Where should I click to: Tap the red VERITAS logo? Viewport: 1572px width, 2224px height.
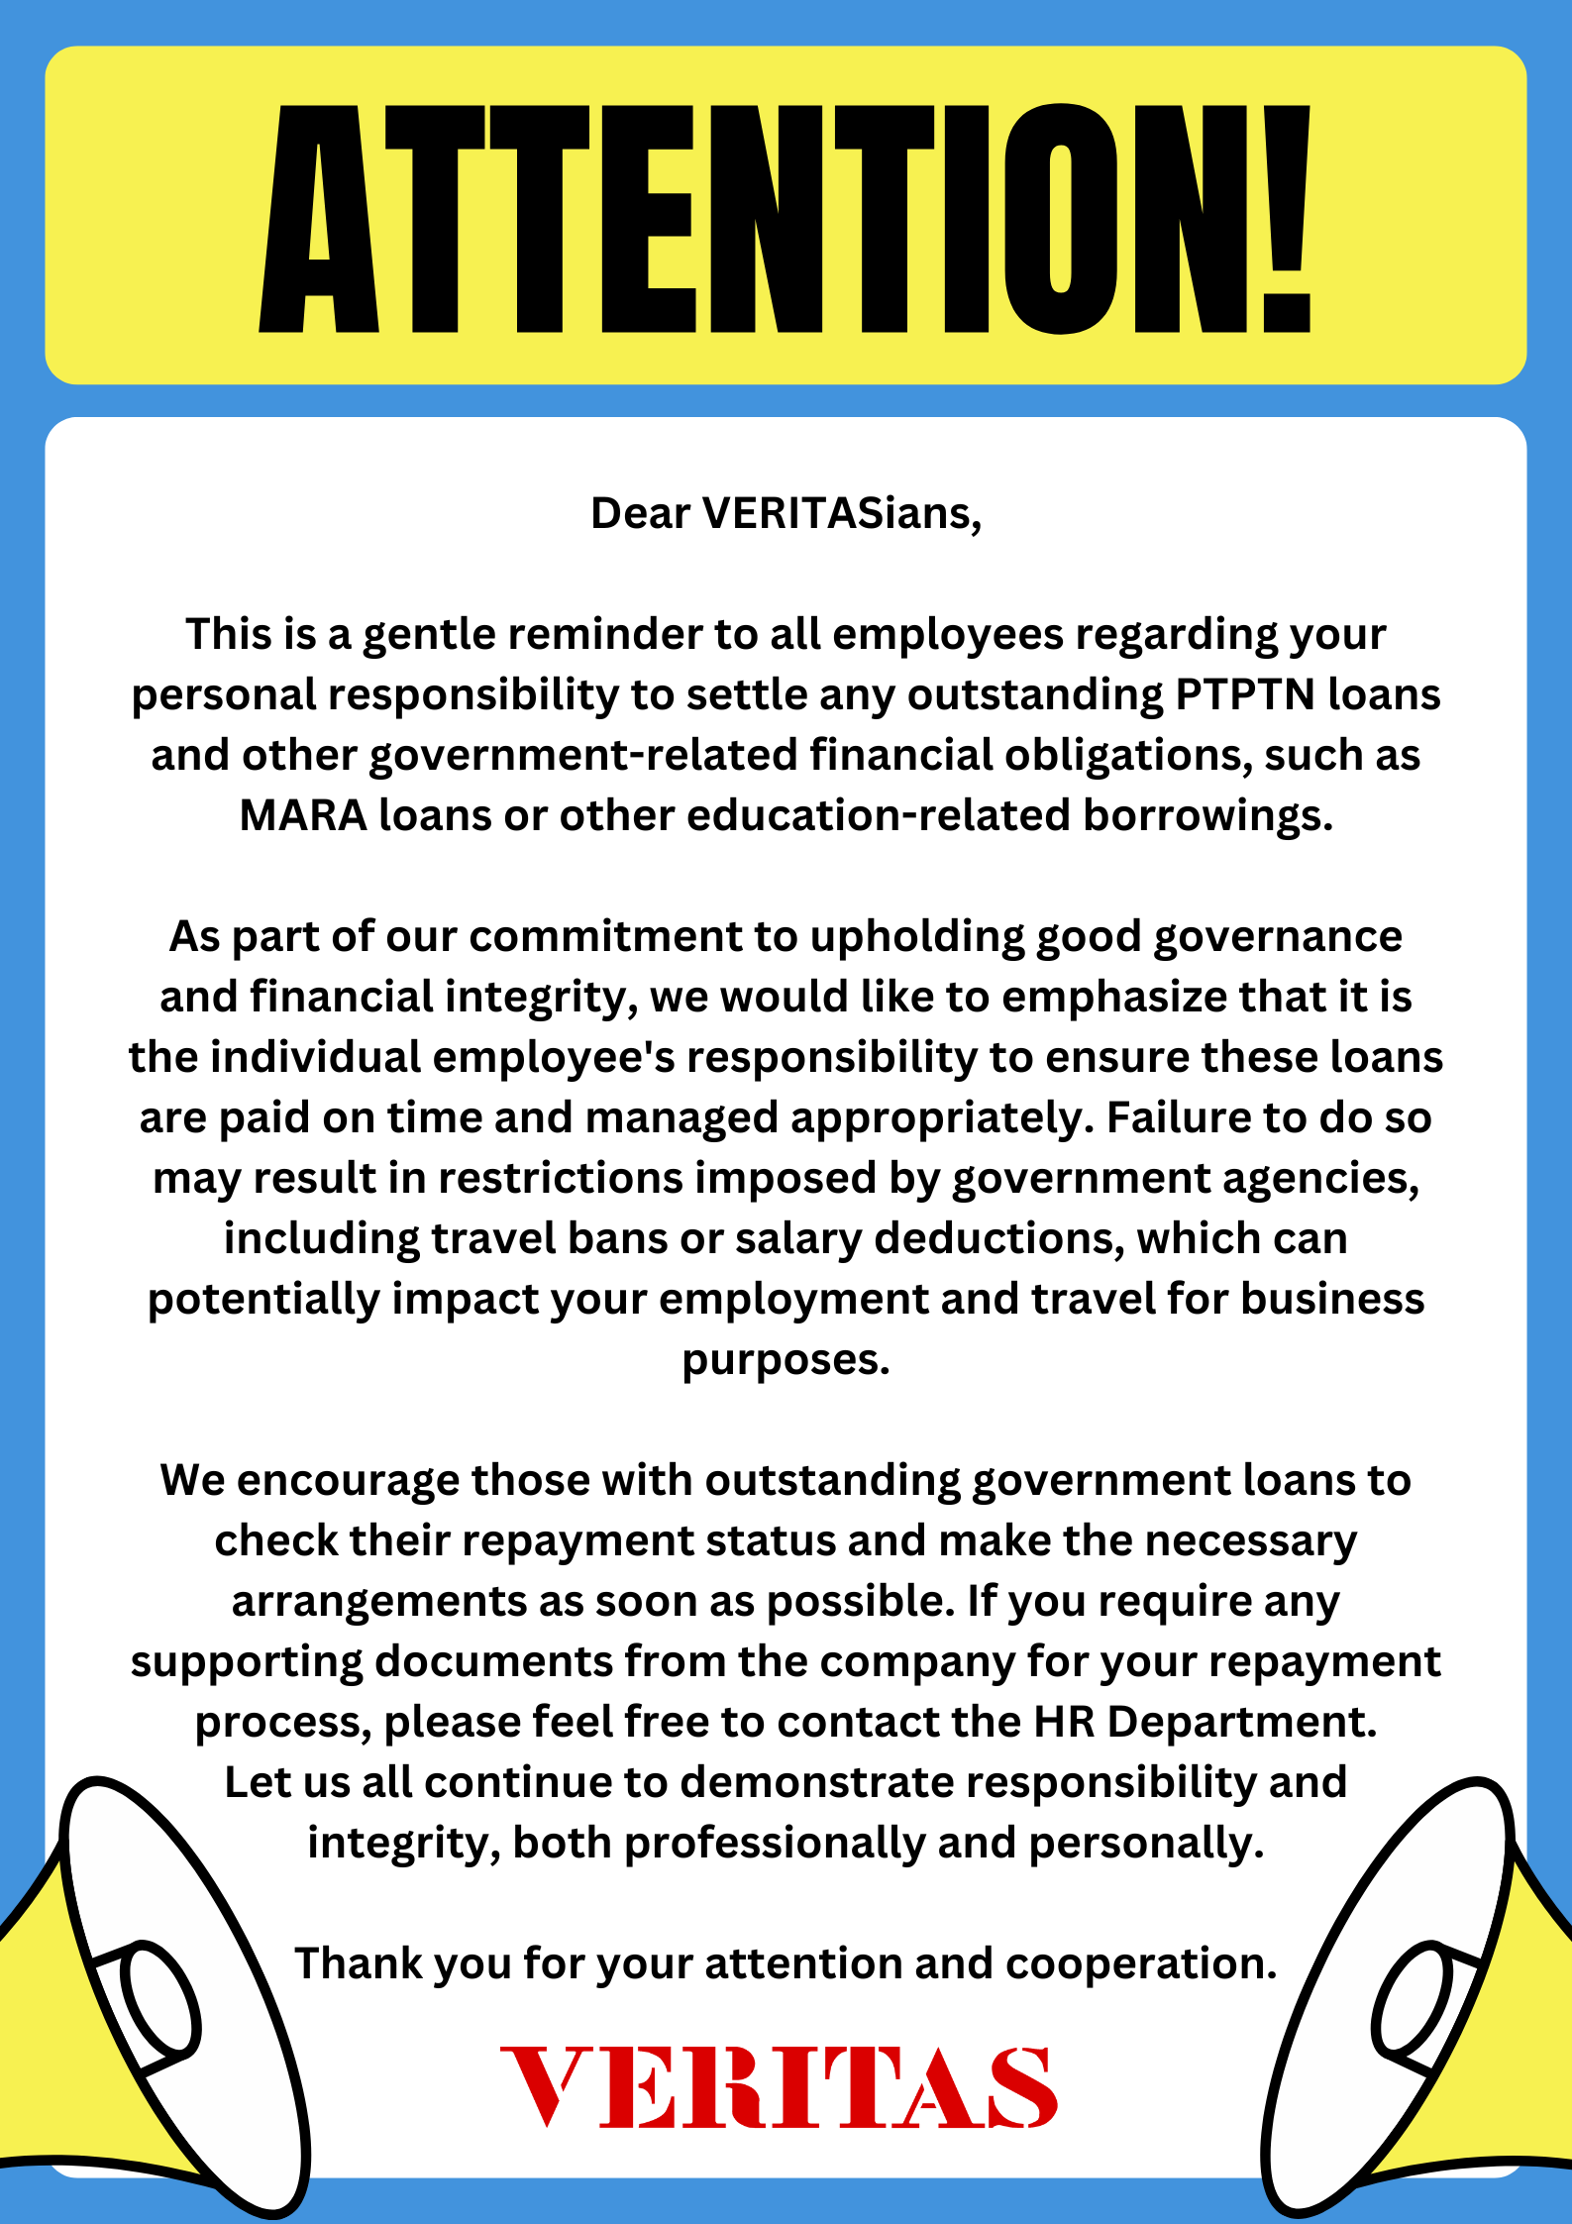point(780,2087)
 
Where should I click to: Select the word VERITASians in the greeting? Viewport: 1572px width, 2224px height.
point(841,513)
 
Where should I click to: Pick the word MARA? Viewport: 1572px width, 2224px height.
point(303,815)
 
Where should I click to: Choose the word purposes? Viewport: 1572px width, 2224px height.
point(786,1359)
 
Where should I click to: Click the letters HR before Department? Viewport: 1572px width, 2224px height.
point(1064,1722)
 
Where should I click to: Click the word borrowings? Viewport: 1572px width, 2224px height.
point(1207,815)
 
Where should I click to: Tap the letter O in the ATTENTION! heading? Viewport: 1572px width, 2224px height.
point(1061,218)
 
